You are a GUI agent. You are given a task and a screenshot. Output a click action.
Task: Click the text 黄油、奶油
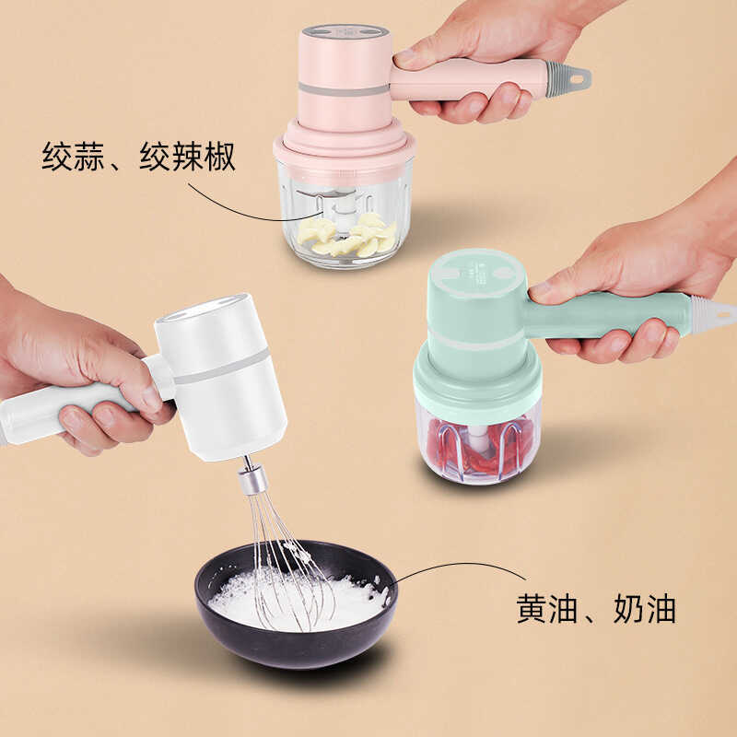(596, 609)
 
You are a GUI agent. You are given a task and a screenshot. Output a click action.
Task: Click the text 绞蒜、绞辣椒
(139, 157)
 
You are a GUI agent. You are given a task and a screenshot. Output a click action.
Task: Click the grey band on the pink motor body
(345, 88)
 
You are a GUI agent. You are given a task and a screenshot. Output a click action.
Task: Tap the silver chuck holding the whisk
(252, 479)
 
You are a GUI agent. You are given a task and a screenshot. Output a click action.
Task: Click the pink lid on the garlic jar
(345, 144)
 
